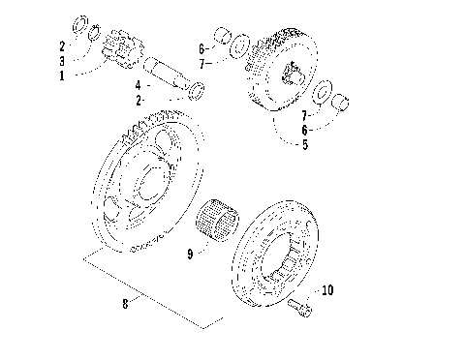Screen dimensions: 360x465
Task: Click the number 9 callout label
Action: click(190, 255)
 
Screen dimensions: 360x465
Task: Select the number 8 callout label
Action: click(125, 303)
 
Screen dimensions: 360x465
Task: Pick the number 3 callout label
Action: click(61, 59)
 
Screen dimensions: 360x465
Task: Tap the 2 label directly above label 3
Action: click(61, 45)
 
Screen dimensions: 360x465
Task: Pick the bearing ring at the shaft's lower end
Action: click(196, 91)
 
